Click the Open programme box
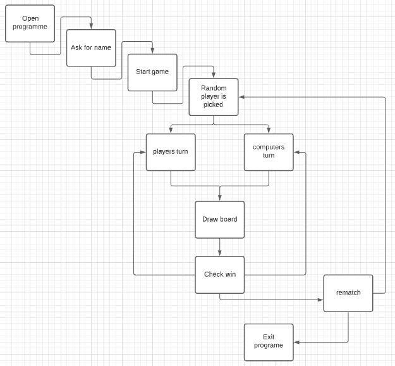pyautogui.click(x=30, y=23)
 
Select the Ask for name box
pyautogui.click(x=91, y=47)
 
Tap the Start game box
pyautogui.click(x=152, y=72)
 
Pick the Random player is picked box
pyautogui.click(x=214, y=96)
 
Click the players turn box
pyautogui.click(x=171, y=152)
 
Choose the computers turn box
pyautogui.click(x=269, y=152)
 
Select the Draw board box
pyautogui.click(x=219, y=219)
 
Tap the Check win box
pyautogui.click(x=219, y=274)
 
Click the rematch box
pyautogui.click(x=348, y=293)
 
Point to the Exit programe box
pyautogui.click(x=269, y=342)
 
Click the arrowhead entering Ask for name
pyautogui.click(x=91, y=27)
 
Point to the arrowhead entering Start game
pyautogui.click(x=152, y=51)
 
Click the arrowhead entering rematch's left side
pyautogui.click(x=320, y=299)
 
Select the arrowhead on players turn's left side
pyautogui.click(x=143, y=152)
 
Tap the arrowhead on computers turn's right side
pyautogui.click(x=297, y=152)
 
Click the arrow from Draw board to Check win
pyautogui.click(x=219, y=246)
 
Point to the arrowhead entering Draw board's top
pyautogui.click(x=219, y=198)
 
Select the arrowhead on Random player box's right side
pyautogui.click(x=242, y=97)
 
